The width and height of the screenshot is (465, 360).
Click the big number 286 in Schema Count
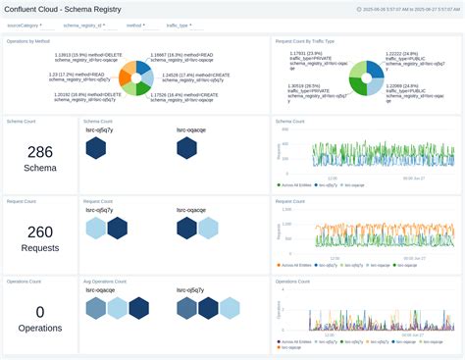40,152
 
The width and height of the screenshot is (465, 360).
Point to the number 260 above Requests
40,231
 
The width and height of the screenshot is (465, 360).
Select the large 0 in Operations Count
40,311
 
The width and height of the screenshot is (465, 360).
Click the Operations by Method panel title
28,42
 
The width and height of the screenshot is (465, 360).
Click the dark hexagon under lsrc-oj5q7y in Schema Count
96,148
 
